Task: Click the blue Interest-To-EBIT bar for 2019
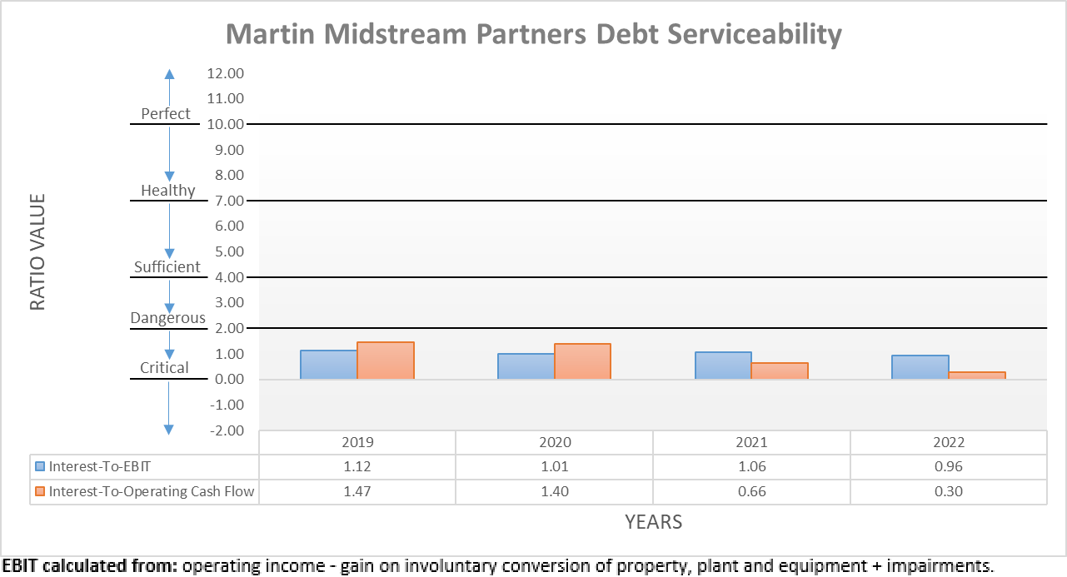click(x=329, y=365)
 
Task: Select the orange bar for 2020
click(x=582, y=361)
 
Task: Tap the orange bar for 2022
click(x=977, y=376)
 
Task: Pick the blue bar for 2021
click(x=723, y=366)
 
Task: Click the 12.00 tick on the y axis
click(x=226, y=73)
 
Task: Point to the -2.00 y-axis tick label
click(x=225, y=430)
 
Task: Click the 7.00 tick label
click(x=227, y=201)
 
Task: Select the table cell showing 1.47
click(x=357, y=491)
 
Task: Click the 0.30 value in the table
click(x=948, y=491)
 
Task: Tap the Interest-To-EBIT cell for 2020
click(x=554, y=466)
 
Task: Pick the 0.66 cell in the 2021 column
click(x=751, y=491)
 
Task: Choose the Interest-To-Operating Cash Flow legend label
click(x=152, y=491)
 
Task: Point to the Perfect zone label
click(x=166, y=114)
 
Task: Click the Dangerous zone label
click(x=168, y=318)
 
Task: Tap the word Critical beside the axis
click(x=164, y=368)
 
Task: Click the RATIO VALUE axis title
click(x=37, y=252)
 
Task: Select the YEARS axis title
click(x=653, y=522)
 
